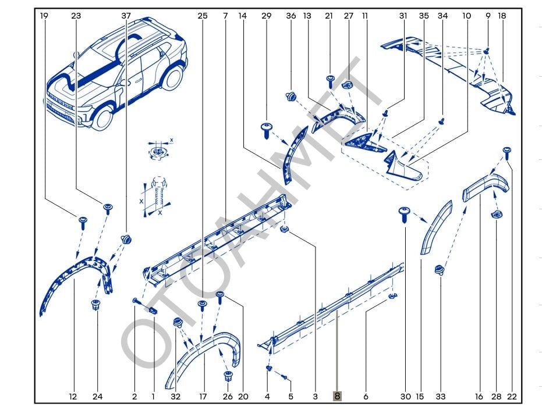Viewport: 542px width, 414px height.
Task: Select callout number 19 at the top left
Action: (x=44, y=16)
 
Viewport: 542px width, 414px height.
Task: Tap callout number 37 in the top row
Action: (x=126, y=16)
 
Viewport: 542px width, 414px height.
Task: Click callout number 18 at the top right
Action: (x=502, y=16)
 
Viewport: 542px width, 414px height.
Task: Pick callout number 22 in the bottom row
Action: (x=512, y=397)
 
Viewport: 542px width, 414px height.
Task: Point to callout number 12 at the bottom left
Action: (x=73, y=397)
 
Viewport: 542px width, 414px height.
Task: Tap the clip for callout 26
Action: (x=228, y=376)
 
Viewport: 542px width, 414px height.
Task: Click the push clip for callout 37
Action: (x=126, y=238)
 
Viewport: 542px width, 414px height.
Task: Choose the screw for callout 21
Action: (x=330, y=80)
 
